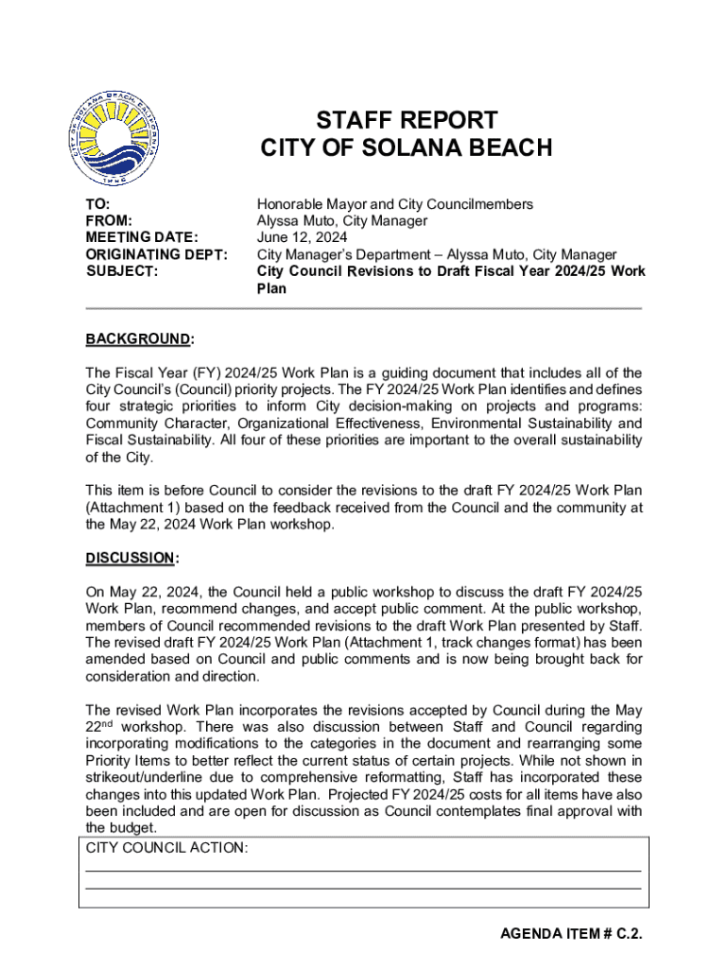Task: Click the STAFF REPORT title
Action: tap(406, 120)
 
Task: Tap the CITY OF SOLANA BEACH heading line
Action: tap(406, 148)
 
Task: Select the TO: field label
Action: tap(97, 204)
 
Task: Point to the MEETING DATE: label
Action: tap(142, 238)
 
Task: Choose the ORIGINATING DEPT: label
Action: tap(156, 255)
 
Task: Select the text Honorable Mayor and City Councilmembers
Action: tap(394, 204)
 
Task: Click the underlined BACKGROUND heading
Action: tap(139, 339)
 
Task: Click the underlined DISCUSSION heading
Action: tap(131, 558)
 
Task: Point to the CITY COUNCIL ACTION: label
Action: tap(167, 848)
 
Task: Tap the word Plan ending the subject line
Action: tap(271, 289)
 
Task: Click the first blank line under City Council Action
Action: tap(363, 870)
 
